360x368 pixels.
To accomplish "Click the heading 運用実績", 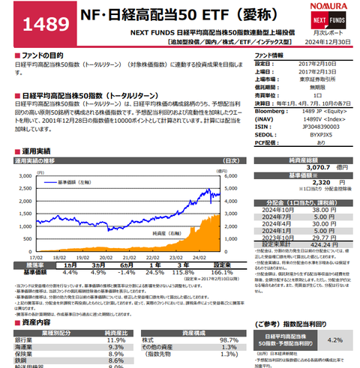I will pos(37,150).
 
